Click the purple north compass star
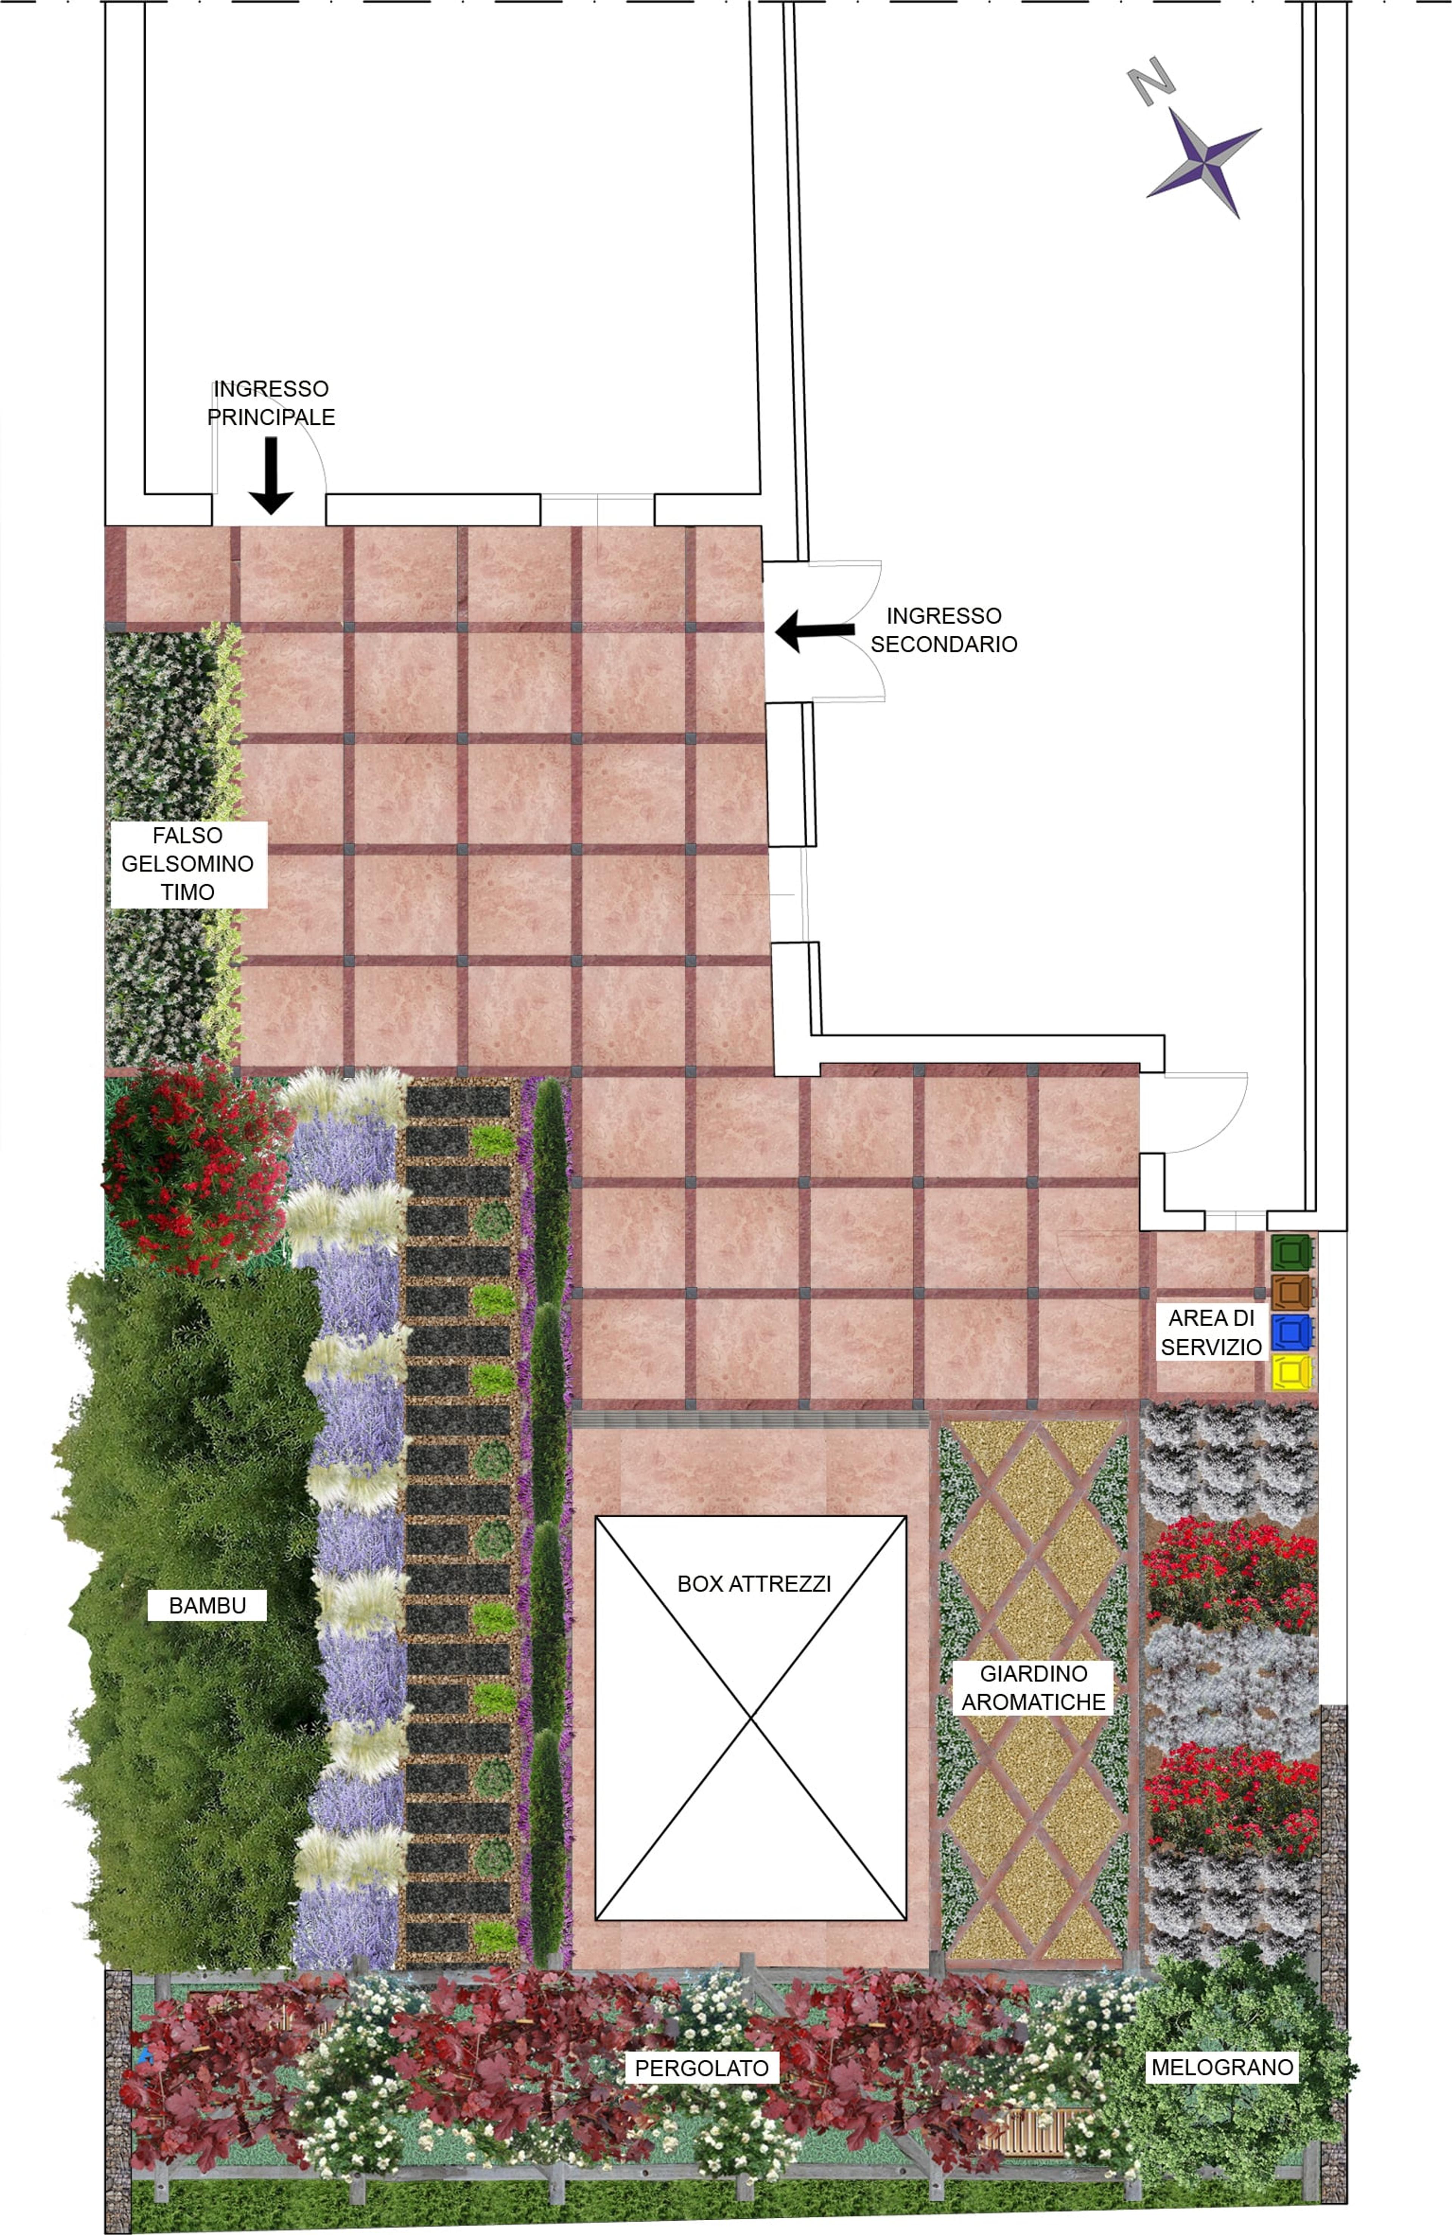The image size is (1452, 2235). click(1202, 162)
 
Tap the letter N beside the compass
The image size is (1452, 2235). click(1151, 81)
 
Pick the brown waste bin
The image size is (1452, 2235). click(1292, 1292)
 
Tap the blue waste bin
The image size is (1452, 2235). click(1292, 1332)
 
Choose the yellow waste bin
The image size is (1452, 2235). click(1292, 1372)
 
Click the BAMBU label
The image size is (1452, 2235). click(208, 1605)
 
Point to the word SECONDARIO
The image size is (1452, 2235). click(944, 644)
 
